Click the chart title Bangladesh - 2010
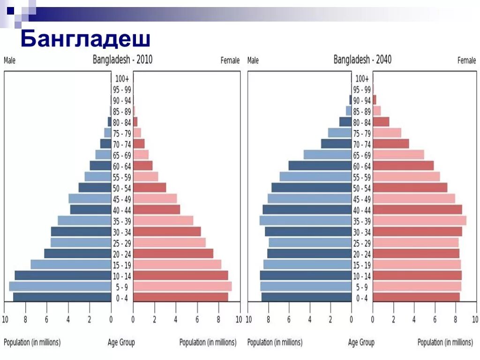pos(122,60)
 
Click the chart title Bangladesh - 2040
pos(362,60)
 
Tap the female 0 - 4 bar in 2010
pos(180,297)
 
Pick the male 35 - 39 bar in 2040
pos(306,221)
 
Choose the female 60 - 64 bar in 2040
pos(403,166)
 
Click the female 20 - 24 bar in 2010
pos(173,254)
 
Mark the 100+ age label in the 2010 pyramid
pos(122,79)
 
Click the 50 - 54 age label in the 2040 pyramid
pos(362,188)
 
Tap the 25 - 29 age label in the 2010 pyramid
pos(122,243)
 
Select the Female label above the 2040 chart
pos(466,60)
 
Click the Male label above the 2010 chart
pos(9,60)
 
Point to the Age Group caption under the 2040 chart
pos(361,343)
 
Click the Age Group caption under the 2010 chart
pos(121,343)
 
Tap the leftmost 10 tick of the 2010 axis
pos(5,320)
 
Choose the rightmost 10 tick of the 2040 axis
pos(475,320)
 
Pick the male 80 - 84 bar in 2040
pos(345,122)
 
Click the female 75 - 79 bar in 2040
pos(387,133)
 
